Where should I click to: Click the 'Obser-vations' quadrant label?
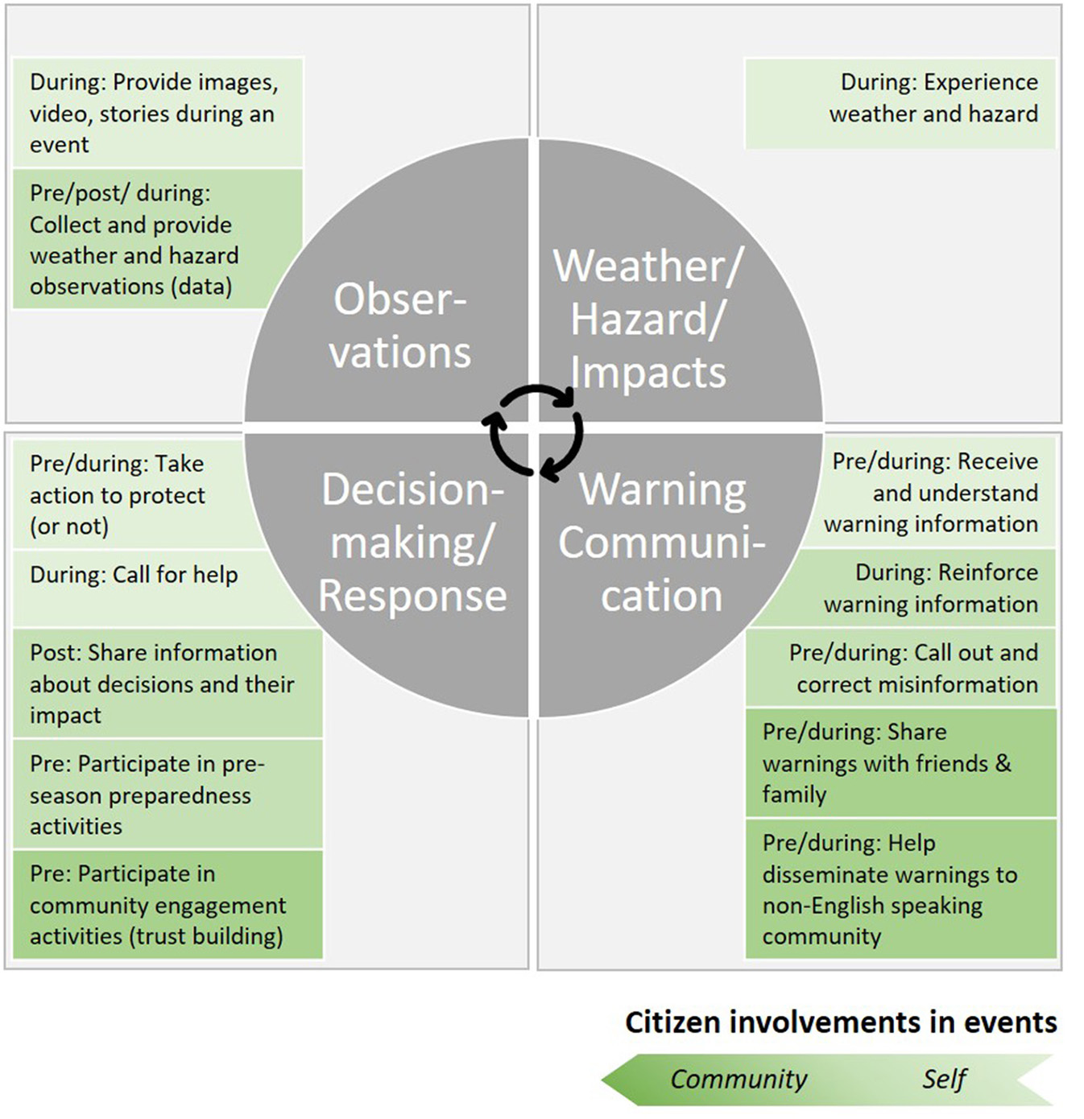tap(399, 325)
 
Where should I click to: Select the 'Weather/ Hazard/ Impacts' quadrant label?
tap(648, 319)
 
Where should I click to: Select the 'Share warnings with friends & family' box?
tap(900, 763)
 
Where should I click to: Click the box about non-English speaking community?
tap(900, 889)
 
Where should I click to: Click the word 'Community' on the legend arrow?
tap(739, 1079)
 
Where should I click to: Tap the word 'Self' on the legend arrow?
tap(944, 1079)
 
